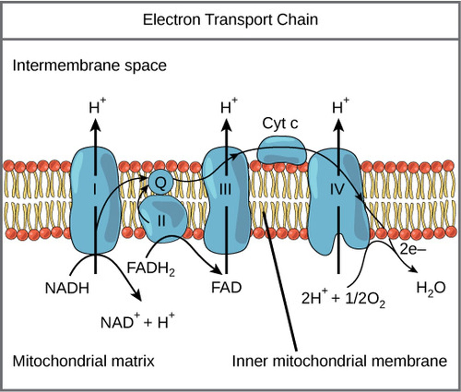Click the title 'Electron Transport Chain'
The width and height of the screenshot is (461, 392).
click(230, 20)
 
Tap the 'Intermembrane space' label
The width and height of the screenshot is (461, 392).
click(90, 66)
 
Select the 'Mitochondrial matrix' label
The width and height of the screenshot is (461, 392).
click(83, 361)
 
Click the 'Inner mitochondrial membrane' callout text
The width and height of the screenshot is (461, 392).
click(339, 361)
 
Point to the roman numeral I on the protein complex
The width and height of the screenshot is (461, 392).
click(95, 189)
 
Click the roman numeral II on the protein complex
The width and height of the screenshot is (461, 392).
click(161, 221)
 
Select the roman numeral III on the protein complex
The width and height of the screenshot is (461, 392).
click(225, 189)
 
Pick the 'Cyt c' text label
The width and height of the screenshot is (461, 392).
click(280, 124)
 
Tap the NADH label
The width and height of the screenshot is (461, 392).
click(67, 288)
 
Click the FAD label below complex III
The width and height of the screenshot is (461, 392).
click(226, 288)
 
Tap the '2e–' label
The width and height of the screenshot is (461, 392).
click(413, 250)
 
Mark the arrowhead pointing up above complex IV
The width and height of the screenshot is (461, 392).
click(338, 125)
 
